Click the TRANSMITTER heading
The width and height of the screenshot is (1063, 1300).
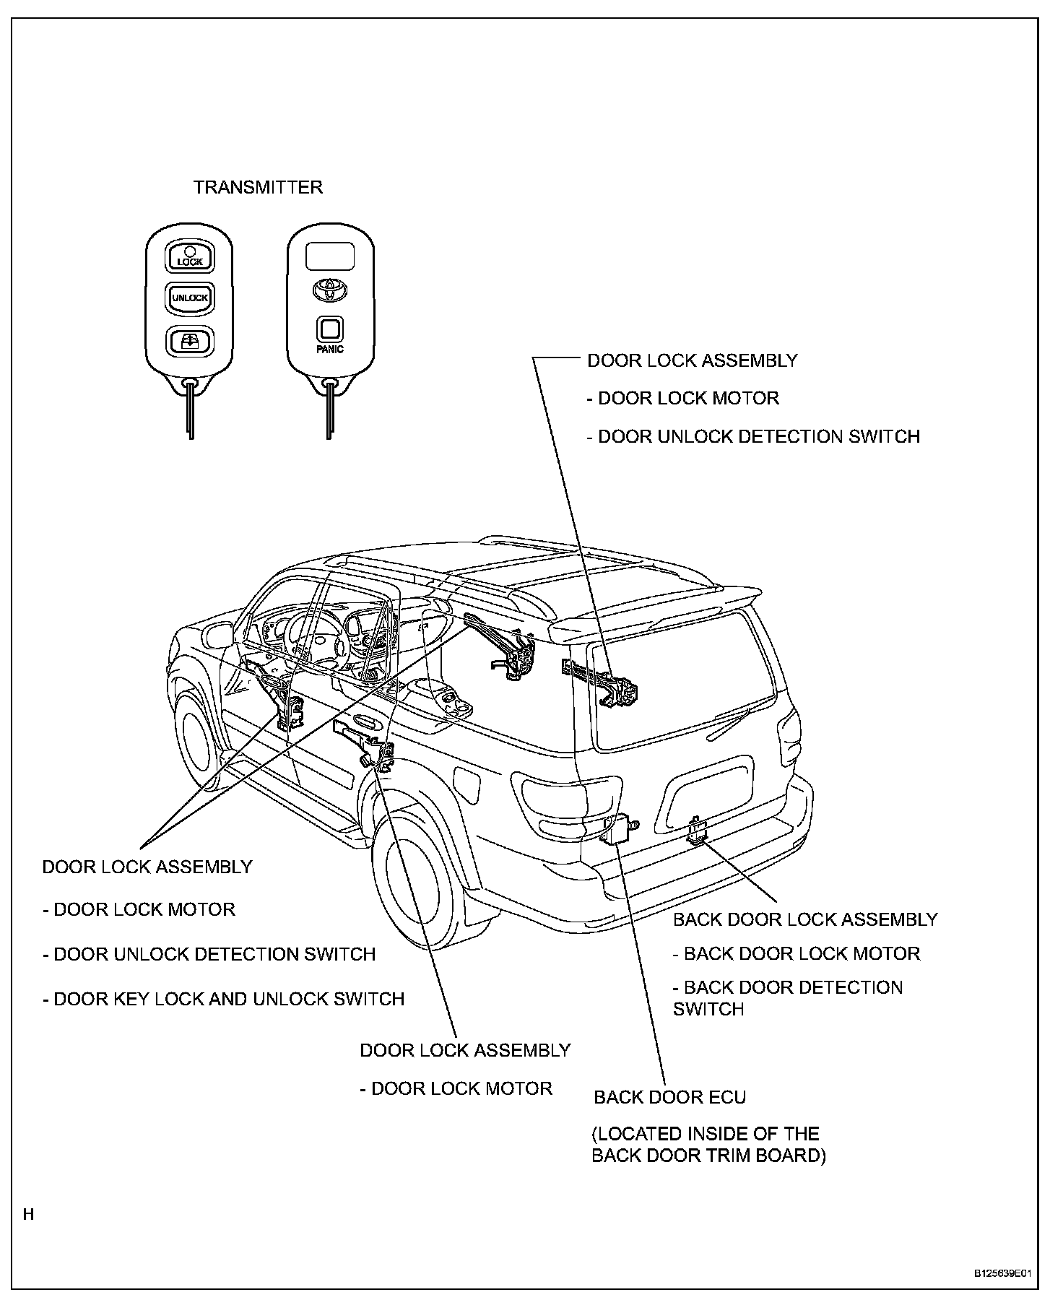[258, 188]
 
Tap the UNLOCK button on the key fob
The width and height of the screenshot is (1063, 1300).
[190, 298]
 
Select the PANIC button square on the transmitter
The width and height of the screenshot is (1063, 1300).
[329, 329]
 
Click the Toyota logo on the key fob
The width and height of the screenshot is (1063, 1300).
[329, 290]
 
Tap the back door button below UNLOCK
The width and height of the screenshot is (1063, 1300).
[190, 341]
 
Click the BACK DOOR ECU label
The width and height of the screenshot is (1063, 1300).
[669, 1097]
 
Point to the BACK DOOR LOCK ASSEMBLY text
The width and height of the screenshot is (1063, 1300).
[804, 919]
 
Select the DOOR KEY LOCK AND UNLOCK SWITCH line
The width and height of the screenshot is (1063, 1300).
[224, 999]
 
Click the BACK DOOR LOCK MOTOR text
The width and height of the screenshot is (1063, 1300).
[797, 953]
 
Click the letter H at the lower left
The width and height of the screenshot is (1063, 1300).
[28, 1215]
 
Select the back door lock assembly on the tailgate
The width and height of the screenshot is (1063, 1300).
[697, 831]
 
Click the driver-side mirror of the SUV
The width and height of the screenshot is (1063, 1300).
[219, 636]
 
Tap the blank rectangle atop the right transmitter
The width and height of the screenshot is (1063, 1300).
[329, 256]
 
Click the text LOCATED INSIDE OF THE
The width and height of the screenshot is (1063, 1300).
[706, 1133]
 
